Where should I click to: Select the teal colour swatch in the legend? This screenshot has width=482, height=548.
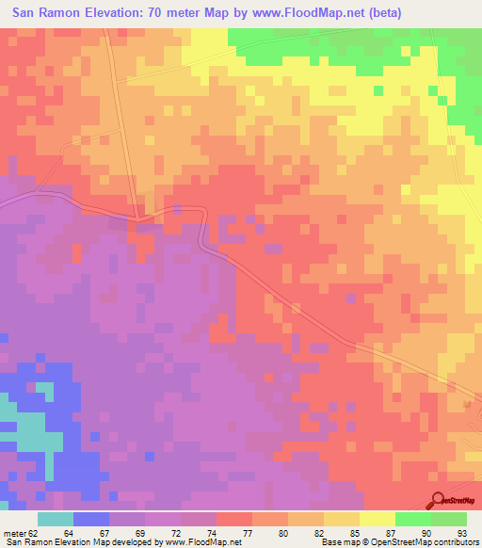pyautogui.click(x=55, y=519)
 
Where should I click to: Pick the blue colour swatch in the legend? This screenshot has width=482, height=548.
pyautogui.click(x=90, y=519)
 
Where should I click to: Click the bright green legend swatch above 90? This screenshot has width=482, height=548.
pyautogui.click(x=412, y=519)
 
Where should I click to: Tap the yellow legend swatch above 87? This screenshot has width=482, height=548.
pyautogui.click(x=377, y=519)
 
